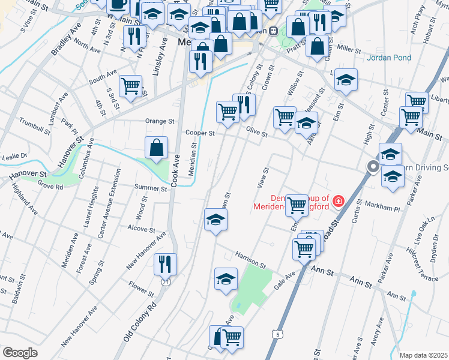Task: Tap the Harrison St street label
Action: pyautogui.click(x=250, y=260)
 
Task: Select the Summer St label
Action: pyautogui.click(x=151, y=189)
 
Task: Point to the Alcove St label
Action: pyautogui.click(x=142, y=229)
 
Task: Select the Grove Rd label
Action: pyautogui.click(x=50, y=187)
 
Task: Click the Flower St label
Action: pyautogui.click(x=142, y=290)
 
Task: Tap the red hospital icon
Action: pyautogui.click(x=339, y=200)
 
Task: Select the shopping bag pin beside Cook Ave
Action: pyautogui.click(x=156, y=147)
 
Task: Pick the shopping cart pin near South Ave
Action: pyautogui.click(x=130, y=85)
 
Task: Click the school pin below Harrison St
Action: pyautogui.click(x=226, y=278)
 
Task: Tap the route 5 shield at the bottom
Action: pyautogui.click(x=275, y=333)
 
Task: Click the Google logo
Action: pyautogui.click(x=20, y=353)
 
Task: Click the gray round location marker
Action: pyautogui.click(x=373, y=166)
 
